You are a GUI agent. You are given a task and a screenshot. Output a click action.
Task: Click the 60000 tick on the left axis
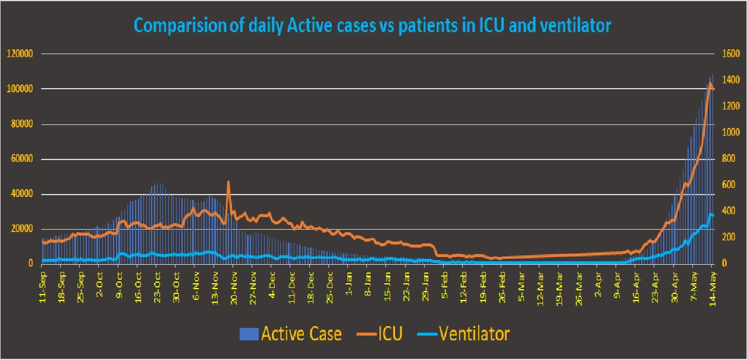coord(20,159)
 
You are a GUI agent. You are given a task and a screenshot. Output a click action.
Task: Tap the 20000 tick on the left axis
coord(20,229)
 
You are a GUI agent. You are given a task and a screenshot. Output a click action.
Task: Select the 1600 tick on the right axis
coord(730,54)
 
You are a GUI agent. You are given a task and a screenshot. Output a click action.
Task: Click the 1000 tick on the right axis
coord(730,133)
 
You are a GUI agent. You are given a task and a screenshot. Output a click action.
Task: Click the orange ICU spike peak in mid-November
coord(228,182)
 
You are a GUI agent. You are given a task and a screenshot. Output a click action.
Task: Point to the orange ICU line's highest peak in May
coord(710,83)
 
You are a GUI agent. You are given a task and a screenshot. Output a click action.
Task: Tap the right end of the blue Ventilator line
coord(713,215)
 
